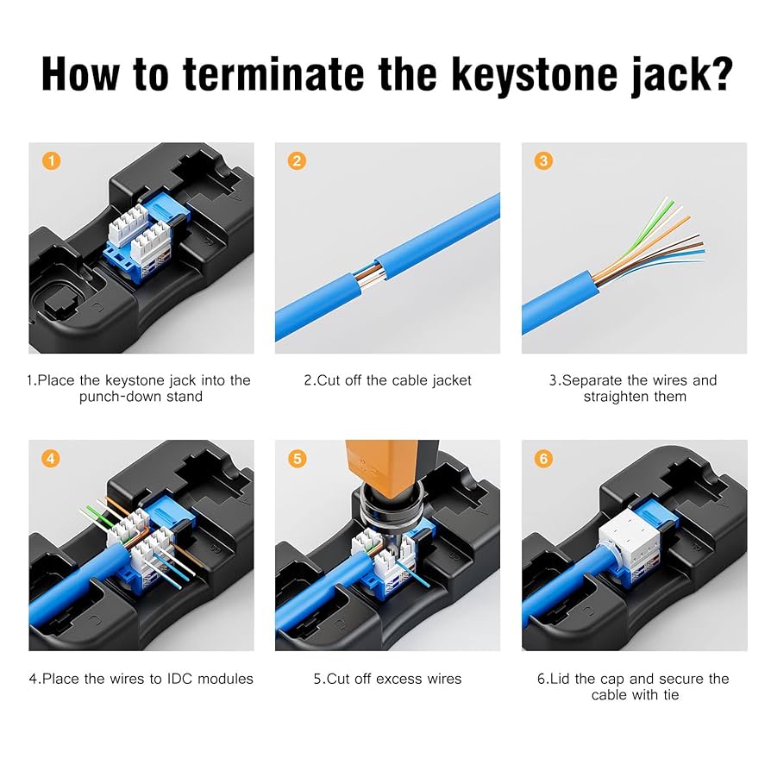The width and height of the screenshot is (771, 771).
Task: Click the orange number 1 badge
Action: (51, 161)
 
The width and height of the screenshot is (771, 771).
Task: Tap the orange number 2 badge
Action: (298, 161)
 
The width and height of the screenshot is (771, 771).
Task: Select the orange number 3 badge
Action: (543, 161)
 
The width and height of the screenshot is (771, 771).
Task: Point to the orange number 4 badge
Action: (51, 459)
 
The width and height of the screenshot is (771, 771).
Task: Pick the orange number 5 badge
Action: (298, 459)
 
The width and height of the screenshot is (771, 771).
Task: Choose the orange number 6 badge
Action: (543, 459)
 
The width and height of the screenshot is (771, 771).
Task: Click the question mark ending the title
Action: (717, 76)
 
